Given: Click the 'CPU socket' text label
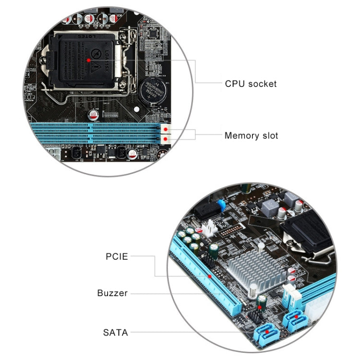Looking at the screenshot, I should (x=251, y=84).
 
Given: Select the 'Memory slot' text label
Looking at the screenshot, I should (x=251, y=135).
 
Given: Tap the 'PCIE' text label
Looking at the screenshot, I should (x=117, y=256).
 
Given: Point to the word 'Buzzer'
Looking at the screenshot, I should (x=112, y=293).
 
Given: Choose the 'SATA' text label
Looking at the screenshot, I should (x=116, y=332).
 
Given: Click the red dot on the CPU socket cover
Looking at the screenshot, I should (x=91, y=59).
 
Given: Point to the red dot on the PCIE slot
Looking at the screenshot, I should (x=210, y=277).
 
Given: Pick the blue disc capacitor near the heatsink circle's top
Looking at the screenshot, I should (x=221, y=205).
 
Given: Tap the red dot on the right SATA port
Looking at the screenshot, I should (x=297, y=316).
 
